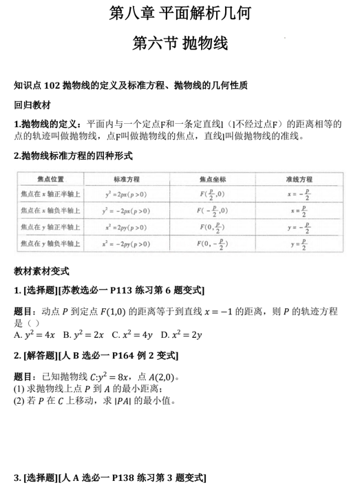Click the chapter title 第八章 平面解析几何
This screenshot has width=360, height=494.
(x=180, y=13)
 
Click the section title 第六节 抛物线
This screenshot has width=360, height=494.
(x=180, y=44)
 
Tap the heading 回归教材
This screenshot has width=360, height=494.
(x=32, y=105)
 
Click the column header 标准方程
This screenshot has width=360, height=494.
(x=127, y=178)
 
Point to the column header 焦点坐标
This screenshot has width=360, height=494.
(x=212, y=178)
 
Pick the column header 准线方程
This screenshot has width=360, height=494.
(x=299, y=178)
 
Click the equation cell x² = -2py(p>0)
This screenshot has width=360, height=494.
(x=127, y=244)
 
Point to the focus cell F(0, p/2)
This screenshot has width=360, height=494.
(x=212, y=227)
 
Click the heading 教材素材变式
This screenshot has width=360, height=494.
(x=42, y=272)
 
